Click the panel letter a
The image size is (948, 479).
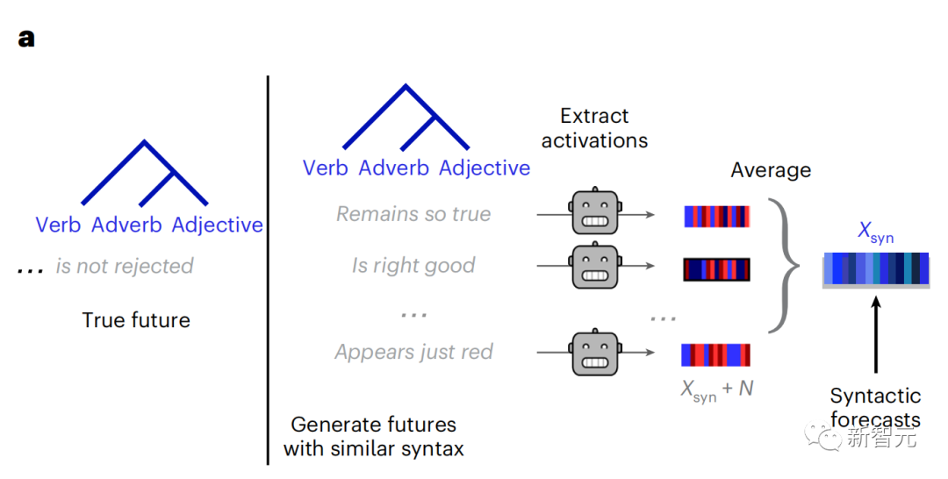pos(26,39)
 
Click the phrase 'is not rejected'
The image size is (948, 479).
pos(124,266)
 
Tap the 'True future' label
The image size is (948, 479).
pos(136,320)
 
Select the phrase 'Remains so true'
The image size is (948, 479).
pos(413,214)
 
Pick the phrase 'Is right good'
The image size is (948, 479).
pos(413,266)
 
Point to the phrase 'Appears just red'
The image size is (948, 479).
pos(413,353)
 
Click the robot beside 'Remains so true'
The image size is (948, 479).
pos(595,213)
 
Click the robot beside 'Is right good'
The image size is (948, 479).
pos(595,266)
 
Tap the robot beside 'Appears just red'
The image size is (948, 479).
pos(595,353)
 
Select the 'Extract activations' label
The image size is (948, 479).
pos(594,128)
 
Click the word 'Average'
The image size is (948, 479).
pos(771,170)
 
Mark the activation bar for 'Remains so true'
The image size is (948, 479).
pos(716,217)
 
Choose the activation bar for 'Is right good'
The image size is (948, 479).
pos(716,269)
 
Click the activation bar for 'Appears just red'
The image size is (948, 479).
pos(716,354)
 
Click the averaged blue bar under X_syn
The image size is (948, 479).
pos(875,269)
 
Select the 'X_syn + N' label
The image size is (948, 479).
pos(717,388)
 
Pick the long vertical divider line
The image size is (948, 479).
pos(268,263)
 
